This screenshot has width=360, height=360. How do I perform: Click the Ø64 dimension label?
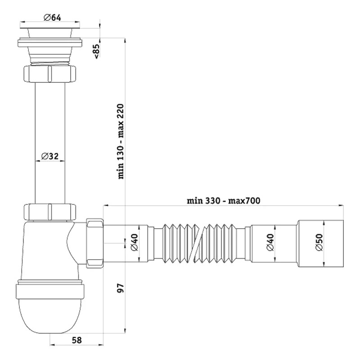[x=52, y=18]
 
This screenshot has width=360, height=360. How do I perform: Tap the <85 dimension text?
[x=97, y=51]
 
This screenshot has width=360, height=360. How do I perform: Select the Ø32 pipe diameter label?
[x=50, y=156]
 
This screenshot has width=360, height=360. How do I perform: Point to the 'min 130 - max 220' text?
[x=121, y=141]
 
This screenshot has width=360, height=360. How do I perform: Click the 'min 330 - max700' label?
[x=223, y=201]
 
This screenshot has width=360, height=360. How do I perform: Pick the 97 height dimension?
[x=121, y=288]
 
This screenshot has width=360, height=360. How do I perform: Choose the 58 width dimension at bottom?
[x=76, y=340]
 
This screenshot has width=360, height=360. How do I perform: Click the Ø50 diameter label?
[x=319, y=242]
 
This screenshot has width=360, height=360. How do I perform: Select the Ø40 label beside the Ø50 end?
[x=270, y=242]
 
